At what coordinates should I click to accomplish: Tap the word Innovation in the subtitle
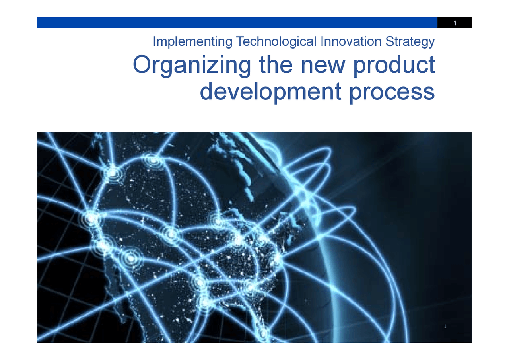352,41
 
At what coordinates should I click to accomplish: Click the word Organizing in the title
192,66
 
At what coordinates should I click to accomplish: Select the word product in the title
394,66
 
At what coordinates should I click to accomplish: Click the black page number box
455,23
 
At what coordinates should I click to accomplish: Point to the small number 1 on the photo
445,327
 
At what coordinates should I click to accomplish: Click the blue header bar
237,22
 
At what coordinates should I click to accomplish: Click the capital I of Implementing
154,41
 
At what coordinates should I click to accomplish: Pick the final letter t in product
431,65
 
